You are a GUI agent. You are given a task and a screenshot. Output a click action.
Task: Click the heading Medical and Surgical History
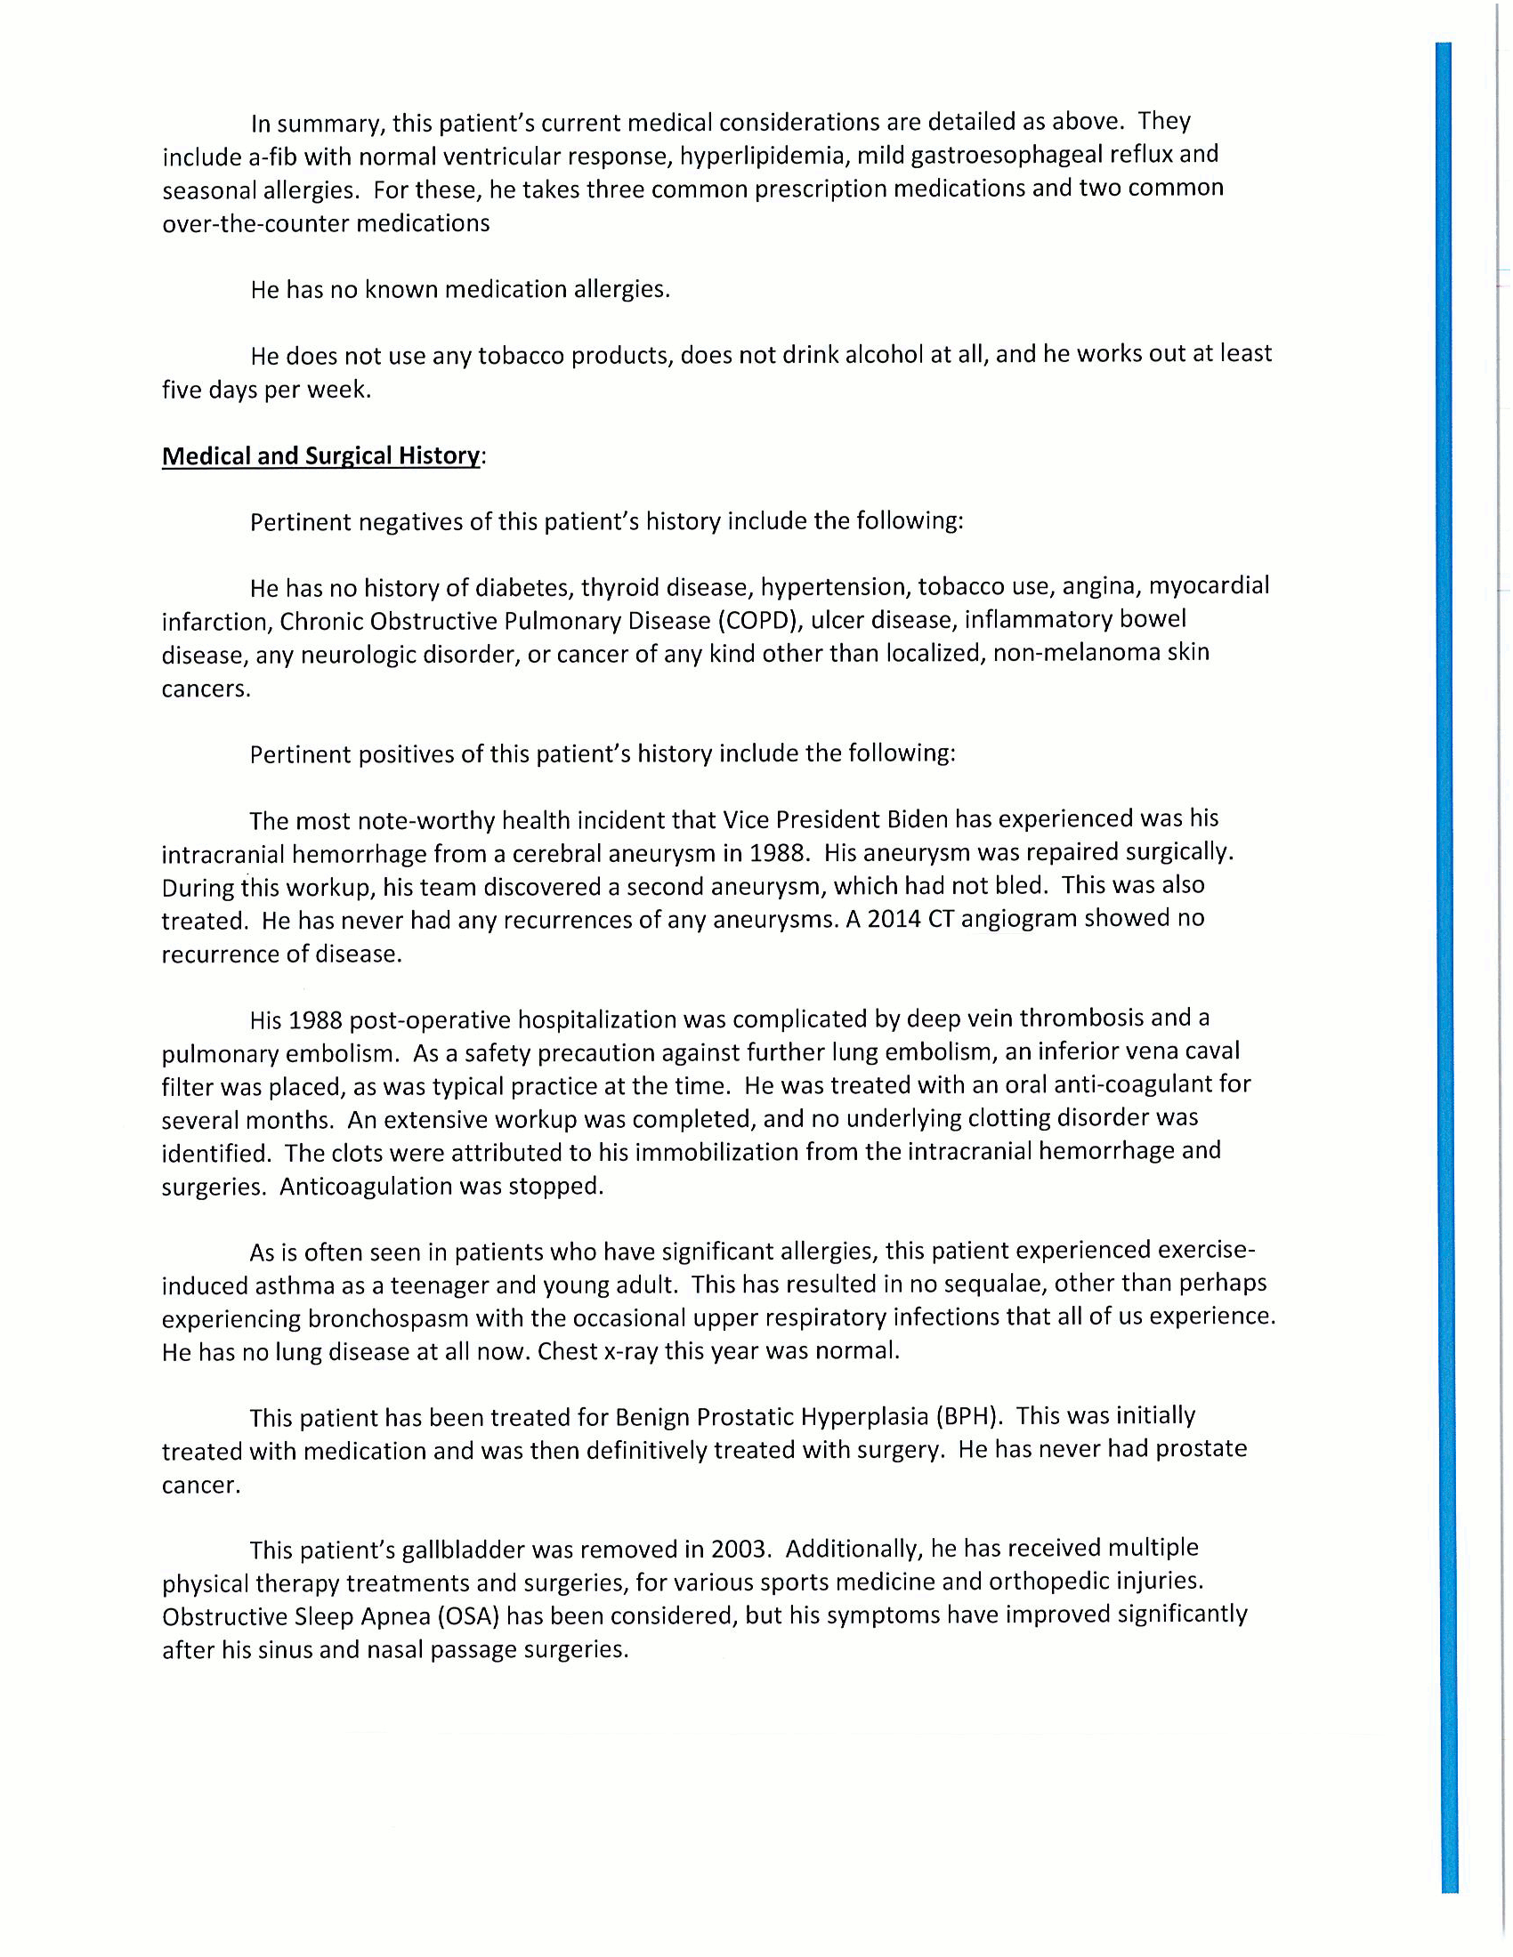tap(321, 456)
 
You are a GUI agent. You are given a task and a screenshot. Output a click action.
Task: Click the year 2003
tap(740, 1550)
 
